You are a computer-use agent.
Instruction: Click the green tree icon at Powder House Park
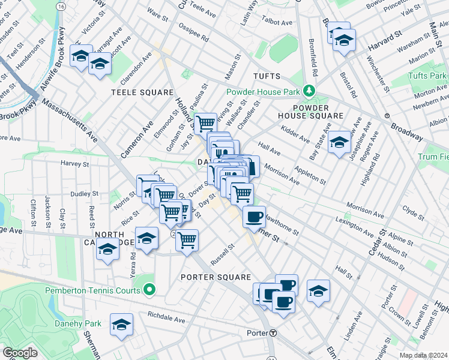310,91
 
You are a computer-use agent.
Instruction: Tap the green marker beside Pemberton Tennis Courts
149,291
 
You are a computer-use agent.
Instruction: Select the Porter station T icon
273,333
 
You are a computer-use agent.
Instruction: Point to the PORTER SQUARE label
215,277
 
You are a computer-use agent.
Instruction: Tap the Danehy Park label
84,323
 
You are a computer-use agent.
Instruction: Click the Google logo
20,353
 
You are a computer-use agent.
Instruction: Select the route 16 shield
61,5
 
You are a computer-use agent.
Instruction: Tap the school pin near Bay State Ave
339,142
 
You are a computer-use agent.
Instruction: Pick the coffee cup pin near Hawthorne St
254,216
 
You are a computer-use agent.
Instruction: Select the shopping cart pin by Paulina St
205,123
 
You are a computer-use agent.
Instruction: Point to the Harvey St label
74,163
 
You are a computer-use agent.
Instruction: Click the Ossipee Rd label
196,35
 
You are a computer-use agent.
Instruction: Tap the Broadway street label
406,132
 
